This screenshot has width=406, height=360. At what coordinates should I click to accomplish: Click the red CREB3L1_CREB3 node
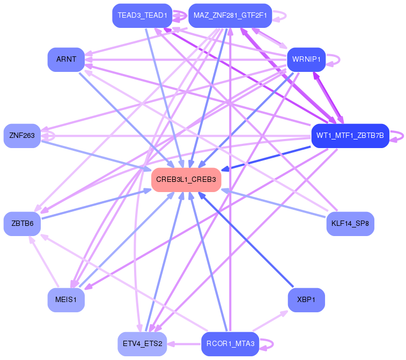pyautogui.click(x=186, y=180)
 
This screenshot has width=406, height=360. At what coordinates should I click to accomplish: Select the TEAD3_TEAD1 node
pyautogui.click(x=142, y=16)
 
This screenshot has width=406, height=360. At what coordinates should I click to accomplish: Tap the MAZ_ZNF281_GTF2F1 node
pyautogui.click(x=230, y=16)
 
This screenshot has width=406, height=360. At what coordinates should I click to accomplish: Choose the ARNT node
pyautogui.click(x=66, y=60)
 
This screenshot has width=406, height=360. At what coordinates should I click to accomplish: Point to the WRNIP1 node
pyautogui.click(x=306, y=60)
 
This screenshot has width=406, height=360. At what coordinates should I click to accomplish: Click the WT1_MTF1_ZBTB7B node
pyautogui.click(x=350, y=136)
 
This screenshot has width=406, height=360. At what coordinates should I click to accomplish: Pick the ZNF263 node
pyautogui.click(x=22, y=136)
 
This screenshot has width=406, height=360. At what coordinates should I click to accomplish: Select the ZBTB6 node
pyautogui.click(x=22, y=224)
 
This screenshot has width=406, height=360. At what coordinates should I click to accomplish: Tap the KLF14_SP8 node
pyautogui.click(x=350, y=224)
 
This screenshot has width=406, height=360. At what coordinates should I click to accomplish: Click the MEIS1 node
pyautogui.click(x=66, y=300)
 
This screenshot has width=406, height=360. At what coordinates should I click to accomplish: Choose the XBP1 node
pyautogui.click(x=306, y=300)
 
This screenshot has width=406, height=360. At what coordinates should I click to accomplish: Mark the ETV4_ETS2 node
pyautogui.click(x=142, y=344)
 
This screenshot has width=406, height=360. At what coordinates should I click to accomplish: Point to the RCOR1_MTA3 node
pyautogui.click(x=230, y=344)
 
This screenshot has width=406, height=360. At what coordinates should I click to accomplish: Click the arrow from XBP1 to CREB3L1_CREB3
pyautogui.click(x=246, y=240)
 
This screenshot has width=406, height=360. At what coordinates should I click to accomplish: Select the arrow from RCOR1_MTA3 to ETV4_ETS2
pyautogui.click(x=184, y=344)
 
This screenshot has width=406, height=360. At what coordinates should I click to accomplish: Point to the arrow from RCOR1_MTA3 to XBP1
pyautogui.click(x=270, y=321)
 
